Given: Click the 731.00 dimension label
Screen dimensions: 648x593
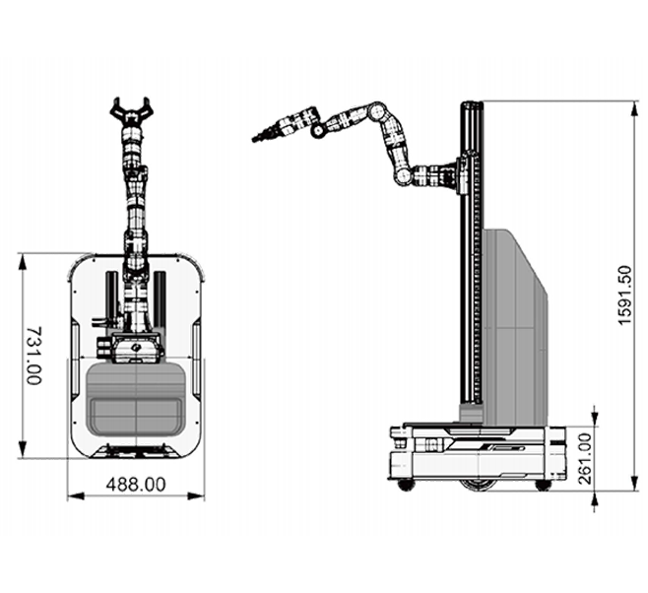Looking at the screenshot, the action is coord(33,356).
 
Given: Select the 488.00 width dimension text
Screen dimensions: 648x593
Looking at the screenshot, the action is coord(136,485).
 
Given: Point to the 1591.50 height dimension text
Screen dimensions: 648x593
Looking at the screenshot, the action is coord(624,296).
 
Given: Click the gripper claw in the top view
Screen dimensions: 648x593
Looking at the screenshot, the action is coord(131,110).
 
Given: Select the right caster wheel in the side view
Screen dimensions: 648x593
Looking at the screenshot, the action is coord(542,486).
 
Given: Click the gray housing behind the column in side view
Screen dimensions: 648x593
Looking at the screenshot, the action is coord(515,326).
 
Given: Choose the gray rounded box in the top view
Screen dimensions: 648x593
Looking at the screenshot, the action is coord(136,398).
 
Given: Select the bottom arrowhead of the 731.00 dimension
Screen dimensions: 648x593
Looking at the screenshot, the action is coord(23,449).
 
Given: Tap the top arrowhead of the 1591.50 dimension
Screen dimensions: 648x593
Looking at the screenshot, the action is coord(635,109).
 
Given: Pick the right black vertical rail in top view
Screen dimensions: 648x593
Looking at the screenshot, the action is coord(160,298).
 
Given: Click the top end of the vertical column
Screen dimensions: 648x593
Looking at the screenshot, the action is coord(472,103).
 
